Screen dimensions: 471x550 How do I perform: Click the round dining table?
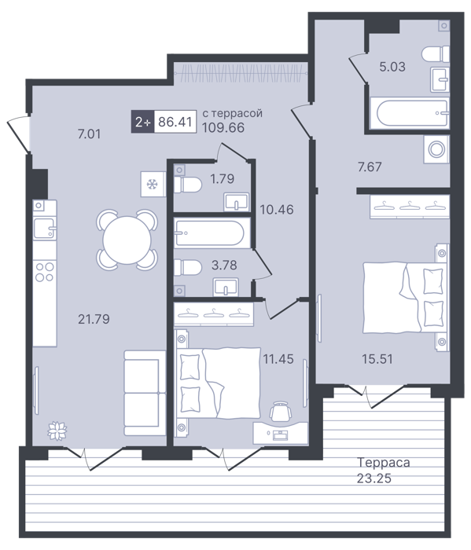coord(127,240)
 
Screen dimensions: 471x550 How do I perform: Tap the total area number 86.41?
coord(175,122)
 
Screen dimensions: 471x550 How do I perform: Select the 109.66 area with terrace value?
coord(223,127)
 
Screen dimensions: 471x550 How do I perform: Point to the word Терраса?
coord(383,463)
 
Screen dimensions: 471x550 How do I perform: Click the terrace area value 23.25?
coord(374,478)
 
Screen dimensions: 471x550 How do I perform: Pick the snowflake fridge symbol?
coord(153,184)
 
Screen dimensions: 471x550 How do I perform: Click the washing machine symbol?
coord(436,149)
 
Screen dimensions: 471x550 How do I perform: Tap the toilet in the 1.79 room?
coord(188,185)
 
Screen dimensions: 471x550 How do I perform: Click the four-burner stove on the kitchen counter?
coord(45,272)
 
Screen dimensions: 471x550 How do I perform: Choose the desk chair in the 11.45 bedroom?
coord(281,411)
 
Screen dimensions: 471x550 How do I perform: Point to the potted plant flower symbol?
coord(57,430)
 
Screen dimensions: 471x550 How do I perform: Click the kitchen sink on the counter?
coord(45,229)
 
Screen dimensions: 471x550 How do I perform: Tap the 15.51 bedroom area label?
coord(377,359)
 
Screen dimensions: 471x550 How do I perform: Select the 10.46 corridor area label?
coord(277,210)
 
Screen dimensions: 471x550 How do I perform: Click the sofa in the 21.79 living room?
coord(145,393)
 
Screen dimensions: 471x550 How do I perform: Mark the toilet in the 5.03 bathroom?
coord(436,54)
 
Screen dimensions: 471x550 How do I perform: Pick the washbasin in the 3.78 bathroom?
coord(226,287)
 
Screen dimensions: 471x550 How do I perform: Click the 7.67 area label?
coord(370,167)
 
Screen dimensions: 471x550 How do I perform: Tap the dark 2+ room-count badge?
coord(143,122)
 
